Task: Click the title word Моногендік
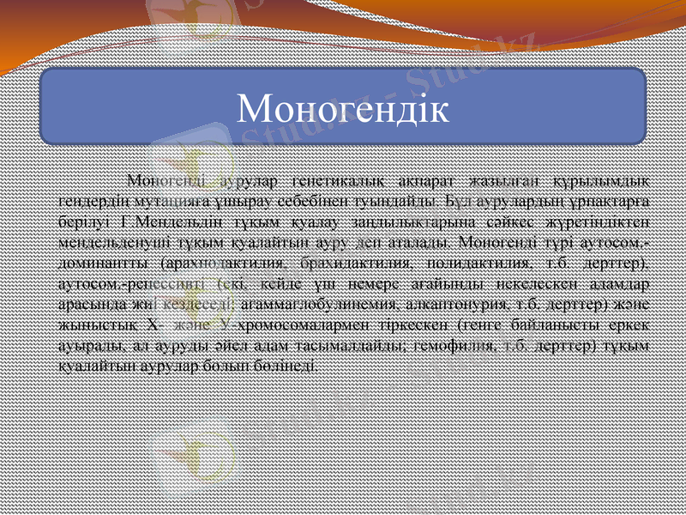coord(342,107)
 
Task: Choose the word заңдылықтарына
coord(401,219)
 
